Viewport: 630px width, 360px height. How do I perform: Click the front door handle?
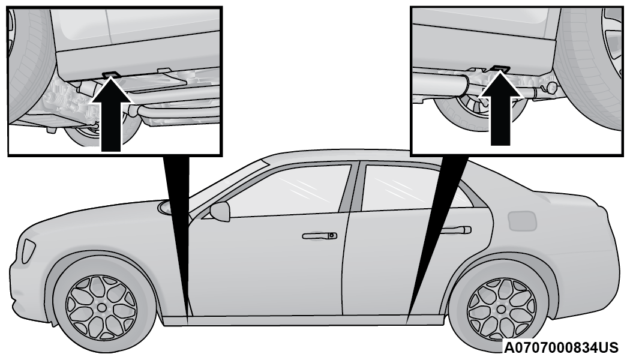(320, 236)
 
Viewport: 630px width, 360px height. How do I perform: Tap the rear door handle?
(456, 230)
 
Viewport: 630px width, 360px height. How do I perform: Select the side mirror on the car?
(220, 211)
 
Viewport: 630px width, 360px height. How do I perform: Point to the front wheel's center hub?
(102, 307)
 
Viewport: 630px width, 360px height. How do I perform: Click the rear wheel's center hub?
(502, 310)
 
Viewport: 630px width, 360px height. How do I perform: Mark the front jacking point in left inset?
(111, 74)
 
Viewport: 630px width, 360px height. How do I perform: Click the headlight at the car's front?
(28, 251)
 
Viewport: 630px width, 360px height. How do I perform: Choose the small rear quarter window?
(466, 196)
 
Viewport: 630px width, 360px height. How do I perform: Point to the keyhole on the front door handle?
(331, 235)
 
